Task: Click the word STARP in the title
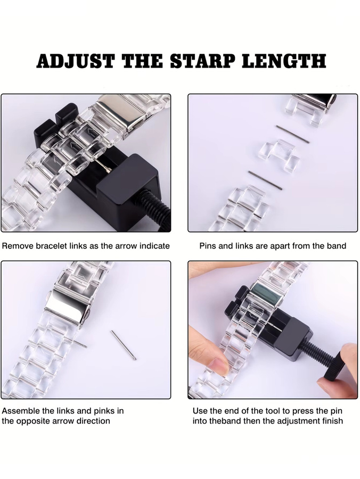pos(202,61)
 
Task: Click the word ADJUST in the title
pos(76,61)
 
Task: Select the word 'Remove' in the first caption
pos(18,246)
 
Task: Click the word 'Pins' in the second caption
pos(208,246)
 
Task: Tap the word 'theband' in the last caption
pos(226,421)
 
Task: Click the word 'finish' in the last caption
pos(332,421)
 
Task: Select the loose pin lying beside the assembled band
pos(124,345)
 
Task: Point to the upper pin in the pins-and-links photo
pos(292,134)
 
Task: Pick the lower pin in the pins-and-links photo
pos(265,180)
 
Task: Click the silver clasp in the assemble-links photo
pos(67,307)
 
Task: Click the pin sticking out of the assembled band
pos(79,344)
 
